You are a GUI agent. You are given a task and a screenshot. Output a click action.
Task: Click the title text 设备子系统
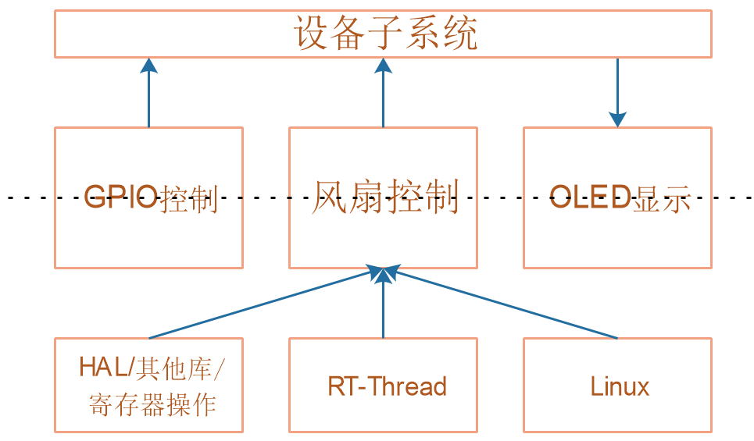(x=385, y=33)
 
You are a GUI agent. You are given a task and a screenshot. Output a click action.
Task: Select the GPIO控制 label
(x=151, y=197)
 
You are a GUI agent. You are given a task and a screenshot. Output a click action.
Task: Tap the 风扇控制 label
(x=385, y=197)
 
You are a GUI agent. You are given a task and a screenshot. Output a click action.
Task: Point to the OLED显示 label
(x=620, y=197)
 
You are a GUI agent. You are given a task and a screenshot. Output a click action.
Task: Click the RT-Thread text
(x=387, y=386)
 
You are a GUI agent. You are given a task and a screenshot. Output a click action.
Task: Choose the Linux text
(x=620, y=386)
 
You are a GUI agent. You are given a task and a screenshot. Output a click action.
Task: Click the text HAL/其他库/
(x=152, y=368)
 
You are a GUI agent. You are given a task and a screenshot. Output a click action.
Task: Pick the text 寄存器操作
(x=152, y=404)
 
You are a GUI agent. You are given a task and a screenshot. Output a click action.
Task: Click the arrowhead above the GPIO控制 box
(x=149, y=66)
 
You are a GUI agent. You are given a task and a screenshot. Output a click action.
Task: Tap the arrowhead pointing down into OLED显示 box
(x=617, y=119)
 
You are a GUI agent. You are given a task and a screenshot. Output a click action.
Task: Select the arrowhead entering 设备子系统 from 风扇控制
(x=384, y=66)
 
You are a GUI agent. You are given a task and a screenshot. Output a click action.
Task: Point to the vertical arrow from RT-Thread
(x=384, y=303)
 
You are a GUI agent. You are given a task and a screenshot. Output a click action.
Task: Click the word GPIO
(x=120, y=197)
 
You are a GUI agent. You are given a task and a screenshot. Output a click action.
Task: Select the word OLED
(x=590, y=197)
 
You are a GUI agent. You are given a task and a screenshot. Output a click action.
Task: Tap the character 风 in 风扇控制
(x=329, y=197)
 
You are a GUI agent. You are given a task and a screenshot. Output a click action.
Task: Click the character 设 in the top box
(x=311, y=33)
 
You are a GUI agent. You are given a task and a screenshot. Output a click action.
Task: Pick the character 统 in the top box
(x=460, y=33)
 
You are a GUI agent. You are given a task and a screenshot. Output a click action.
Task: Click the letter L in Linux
(x=597, y=386)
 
